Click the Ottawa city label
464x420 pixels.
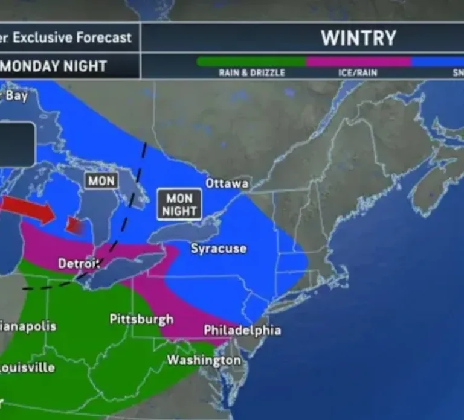(227, 183)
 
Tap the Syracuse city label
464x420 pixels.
(219, 249)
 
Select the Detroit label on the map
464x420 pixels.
(79, 264)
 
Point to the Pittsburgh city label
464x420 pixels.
(141, 319)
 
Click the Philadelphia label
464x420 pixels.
(242, 330)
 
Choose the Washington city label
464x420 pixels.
(204, 360)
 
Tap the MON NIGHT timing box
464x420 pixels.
(179, 205)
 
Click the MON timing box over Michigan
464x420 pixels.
(101, 180)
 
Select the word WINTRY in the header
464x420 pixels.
(358, 38)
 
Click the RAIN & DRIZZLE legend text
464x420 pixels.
(251, 73)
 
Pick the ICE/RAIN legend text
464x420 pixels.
(358, 73)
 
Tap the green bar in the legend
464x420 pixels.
(251, 62)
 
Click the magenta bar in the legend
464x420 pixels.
(358, 62)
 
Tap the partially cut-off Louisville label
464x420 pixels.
(27, 367)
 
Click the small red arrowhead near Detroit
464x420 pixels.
(74, 226)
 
